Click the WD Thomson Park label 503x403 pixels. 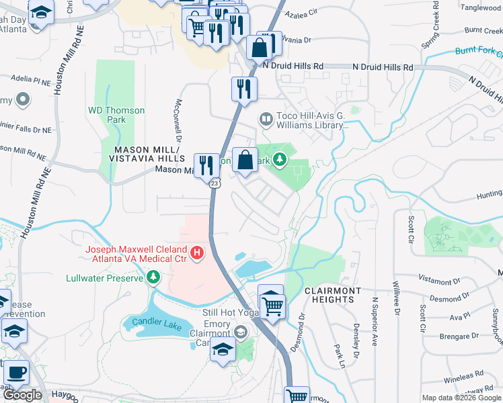tap(107, 115)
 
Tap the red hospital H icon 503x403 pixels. tap(197, 253)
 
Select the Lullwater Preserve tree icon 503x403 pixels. tap(153, 277)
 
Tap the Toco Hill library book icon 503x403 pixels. tap(266, 120)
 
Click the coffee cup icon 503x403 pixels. tap(15, 373)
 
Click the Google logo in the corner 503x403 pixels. tap(22, 395)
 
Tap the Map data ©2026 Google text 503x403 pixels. tap(460, 398)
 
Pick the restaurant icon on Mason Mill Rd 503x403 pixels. tap(206, 165)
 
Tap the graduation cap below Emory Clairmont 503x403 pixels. tap(223, 350)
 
